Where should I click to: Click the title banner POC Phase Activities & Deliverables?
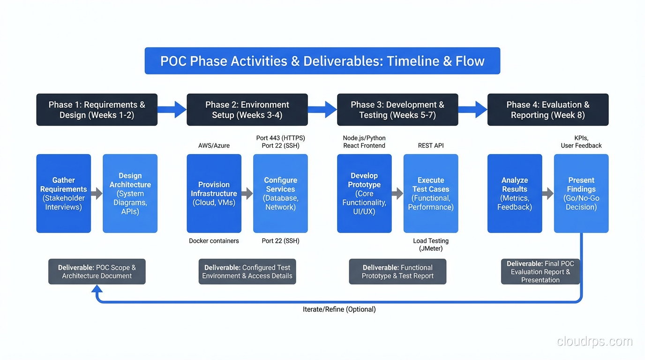(x=322, y=61)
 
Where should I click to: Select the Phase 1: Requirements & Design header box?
(x=97, y=110)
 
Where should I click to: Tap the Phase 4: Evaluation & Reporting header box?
(x=547, y=110)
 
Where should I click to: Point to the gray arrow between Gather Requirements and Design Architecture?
(x=97, y=194)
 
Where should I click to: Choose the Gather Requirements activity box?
(x=64, y=194)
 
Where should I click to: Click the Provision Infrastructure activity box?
(x=214, y=194)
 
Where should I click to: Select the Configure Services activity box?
(x=280, y=194)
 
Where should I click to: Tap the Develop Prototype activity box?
(x=364, y=194)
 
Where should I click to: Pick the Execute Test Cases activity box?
(x=431, y=194)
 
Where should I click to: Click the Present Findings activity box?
(x=581, y=194)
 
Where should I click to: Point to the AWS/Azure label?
(x=214, y=145)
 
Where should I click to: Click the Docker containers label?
(x=214, y=241)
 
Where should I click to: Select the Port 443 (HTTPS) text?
(x=280, y=138)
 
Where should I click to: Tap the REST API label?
(x=431, y=145)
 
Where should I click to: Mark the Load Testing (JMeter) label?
(x=431, y=245)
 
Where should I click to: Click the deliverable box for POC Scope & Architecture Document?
(x=97, y=271)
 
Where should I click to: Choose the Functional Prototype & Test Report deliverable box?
(x=397, y=271)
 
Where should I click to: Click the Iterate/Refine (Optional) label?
(x=339, y=309)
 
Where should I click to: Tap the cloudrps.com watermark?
(x=594, y=341)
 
